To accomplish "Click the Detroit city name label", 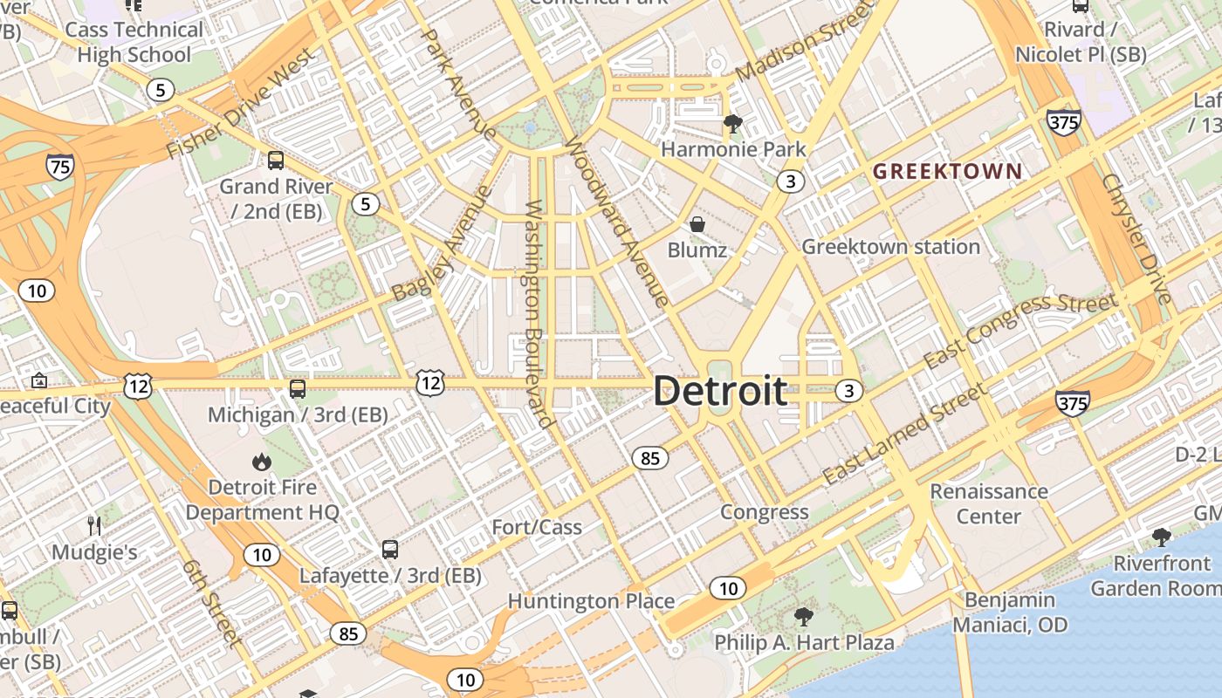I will click(x=720, y=391).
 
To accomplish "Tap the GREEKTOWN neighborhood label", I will click(x=947, y=171).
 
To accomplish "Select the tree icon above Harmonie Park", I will click(x=732, y=124).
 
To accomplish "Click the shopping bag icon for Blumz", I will click(x=697, y=224).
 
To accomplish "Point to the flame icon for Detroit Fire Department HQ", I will click(x=261, y=462).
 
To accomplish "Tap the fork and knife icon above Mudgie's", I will click(x=95, y=525).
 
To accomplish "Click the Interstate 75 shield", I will click(x=61, y=166).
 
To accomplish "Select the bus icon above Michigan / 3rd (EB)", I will click(x=298, y=389).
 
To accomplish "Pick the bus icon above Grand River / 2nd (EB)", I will click(x=276, y=161).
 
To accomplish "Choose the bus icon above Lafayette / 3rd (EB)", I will click(x=390, y=550).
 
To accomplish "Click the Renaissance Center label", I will click(x=988, y=503).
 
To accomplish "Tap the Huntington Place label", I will click(x=591, y=601).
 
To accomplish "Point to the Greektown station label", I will click(x=890, y=247).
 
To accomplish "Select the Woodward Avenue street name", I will click(x=619, y=222).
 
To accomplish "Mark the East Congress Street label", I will click(x=1020, y=331).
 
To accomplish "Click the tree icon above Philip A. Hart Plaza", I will click(x=803, y=617).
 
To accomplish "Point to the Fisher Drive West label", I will click(x=240, y=105).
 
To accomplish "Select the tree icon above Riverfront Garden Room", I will click(x=1161, y=537).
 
